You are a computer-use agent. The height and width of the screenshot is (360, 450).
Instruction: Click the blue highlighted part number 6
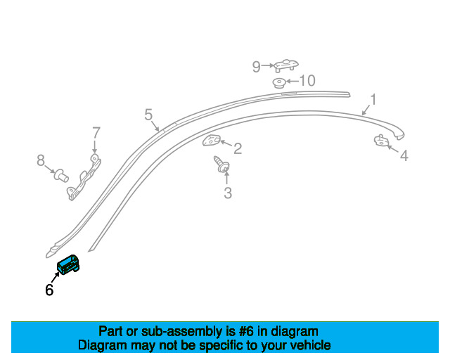[68, 264]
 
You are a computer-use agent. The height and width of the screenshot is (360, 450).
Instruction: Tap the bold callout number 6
[49, 290]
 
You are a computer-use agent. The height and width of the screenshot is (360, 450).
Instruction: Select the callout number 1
[373, 100]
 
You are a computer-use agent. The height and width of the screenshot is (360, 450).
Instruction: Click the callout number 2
[238, 148]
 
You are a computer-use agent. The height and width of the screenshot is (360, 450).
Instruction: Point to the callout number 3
[228, 193]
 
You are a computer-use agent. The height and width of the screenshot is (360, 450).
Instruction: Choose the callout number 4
[404, 155]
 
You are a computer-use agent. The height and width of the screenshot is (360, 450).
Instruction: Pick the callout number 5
[148, 115]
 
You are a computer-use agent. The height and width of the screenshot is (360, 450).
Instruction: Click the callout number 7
[96, 133]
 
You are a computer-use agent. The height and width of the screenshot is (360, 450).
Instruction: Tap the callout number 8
[41, 160]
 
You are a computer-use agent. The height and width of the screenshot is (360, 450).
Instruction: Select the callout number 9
[256, 67]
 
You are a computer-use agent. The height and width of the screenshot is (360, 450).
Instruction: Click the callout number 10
[307, 81]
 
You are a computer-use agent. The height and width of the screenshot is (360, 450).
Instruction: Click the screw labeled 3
[221, 165]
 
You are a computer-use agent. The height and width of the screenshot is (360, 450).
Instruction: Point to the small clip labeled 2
[212, 141]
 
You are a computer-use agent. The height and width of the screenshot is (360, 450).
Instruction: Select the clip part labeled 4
[381, 141]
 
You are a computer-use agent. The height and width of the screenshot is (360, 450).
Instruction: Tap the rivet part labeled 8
[61, 175]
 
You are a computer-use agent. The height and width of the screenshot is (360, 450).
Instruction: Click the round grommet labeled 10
[278, 83]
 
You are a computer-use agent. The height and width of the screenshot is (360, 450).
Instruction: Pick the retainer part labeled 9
[286, 65]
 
